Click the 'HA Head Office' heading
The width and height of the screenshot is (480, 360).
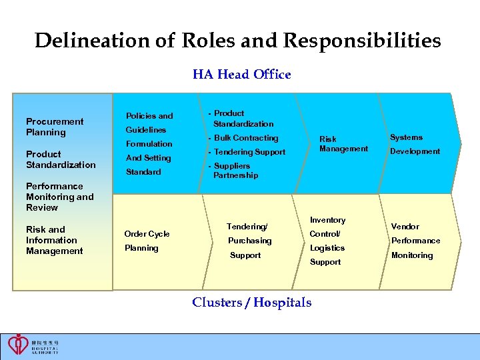click(x=241, y=75)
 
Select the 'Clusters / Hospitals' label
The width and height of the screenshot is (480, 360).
click(x=251, y=303)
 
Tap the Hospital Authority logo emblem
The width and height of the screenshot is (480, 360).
click(x=18, y=344)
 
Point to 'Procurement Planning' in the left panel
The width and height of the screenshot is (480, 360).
click(x=55, y=127)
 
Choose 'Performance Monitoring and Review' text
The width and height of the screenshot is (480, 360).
click(x=60, y=197)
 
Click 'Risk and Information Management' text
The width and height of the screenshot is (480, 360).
click(x=55, y=240)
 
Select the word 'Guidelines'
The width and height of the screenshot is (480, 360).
click(x=146, y=130)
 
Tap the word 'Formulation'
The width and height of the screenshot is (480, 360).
click(x=149, y=144)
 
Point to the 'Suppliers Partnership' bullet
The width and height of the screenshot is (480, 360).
click(x=234, y=171)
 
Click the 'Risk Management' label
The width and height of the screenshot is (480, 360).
click(x=343, y=144)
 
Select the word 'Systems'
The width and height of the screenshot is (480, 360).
click(x=406, y=137)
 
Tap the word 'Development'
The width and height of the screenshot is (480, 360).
click(x=415, y=151)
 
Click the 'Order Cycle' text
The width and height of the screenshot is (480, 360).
click(x=147, y=234)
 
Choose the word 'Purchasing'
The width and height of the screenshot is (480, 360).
click(x=250, y=241)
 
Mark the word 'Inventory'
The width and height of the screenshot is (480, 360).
click(x=327, y=220)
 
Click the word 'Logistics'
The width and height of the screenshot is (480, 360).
click(x=327, y=248)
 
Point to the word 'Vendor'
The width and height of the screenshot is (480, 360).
click(x=405, y=227)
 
